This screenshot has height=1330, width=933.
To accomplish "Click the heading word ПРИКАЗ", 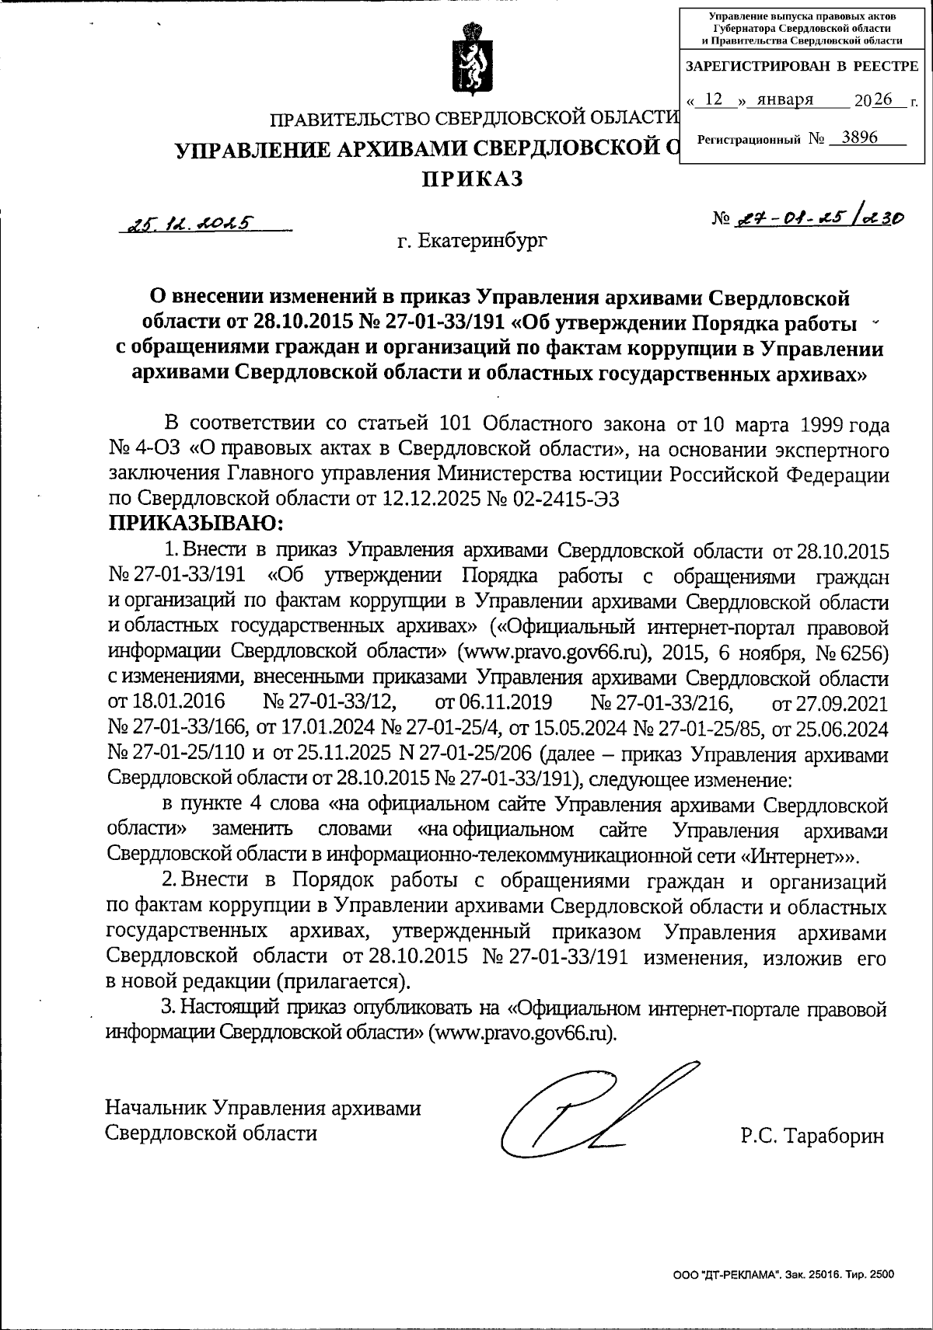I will coord(473,179).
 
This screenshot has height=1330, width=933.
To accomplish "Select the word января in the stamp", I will coord(784,99).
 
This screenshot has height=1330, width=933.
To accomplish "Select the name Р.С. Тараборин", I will coord(812,1136).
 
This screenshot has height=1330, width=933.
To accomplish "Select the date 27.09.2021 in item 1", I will coord(829,702).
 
